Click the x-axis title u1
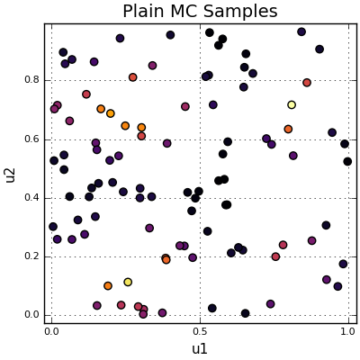point(200,348)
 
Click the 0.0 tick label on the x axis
point(51,332)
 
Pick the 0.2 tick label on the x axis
point(111,332)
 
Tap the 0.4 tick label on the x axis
point(170,332)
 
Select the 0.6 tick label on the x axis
point(229,332)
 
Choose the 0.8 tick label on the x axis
point(289,332)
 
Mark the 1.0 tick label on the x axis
point(347,332)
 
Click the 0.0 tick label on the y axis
point(32,315)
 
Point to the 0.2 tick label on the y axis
point(32,256)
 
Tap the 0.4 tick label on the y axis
point(32,198)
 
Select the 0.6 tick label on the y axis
point(32,139)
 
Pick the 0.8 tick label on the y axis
point(32,80)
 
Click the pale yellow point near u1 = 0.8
point(292,105)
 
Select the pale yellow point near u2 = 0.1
point(128,282)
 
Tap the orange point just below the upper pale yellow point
point(288,130)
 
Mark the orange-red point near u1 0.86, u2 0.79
point(307,83)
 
